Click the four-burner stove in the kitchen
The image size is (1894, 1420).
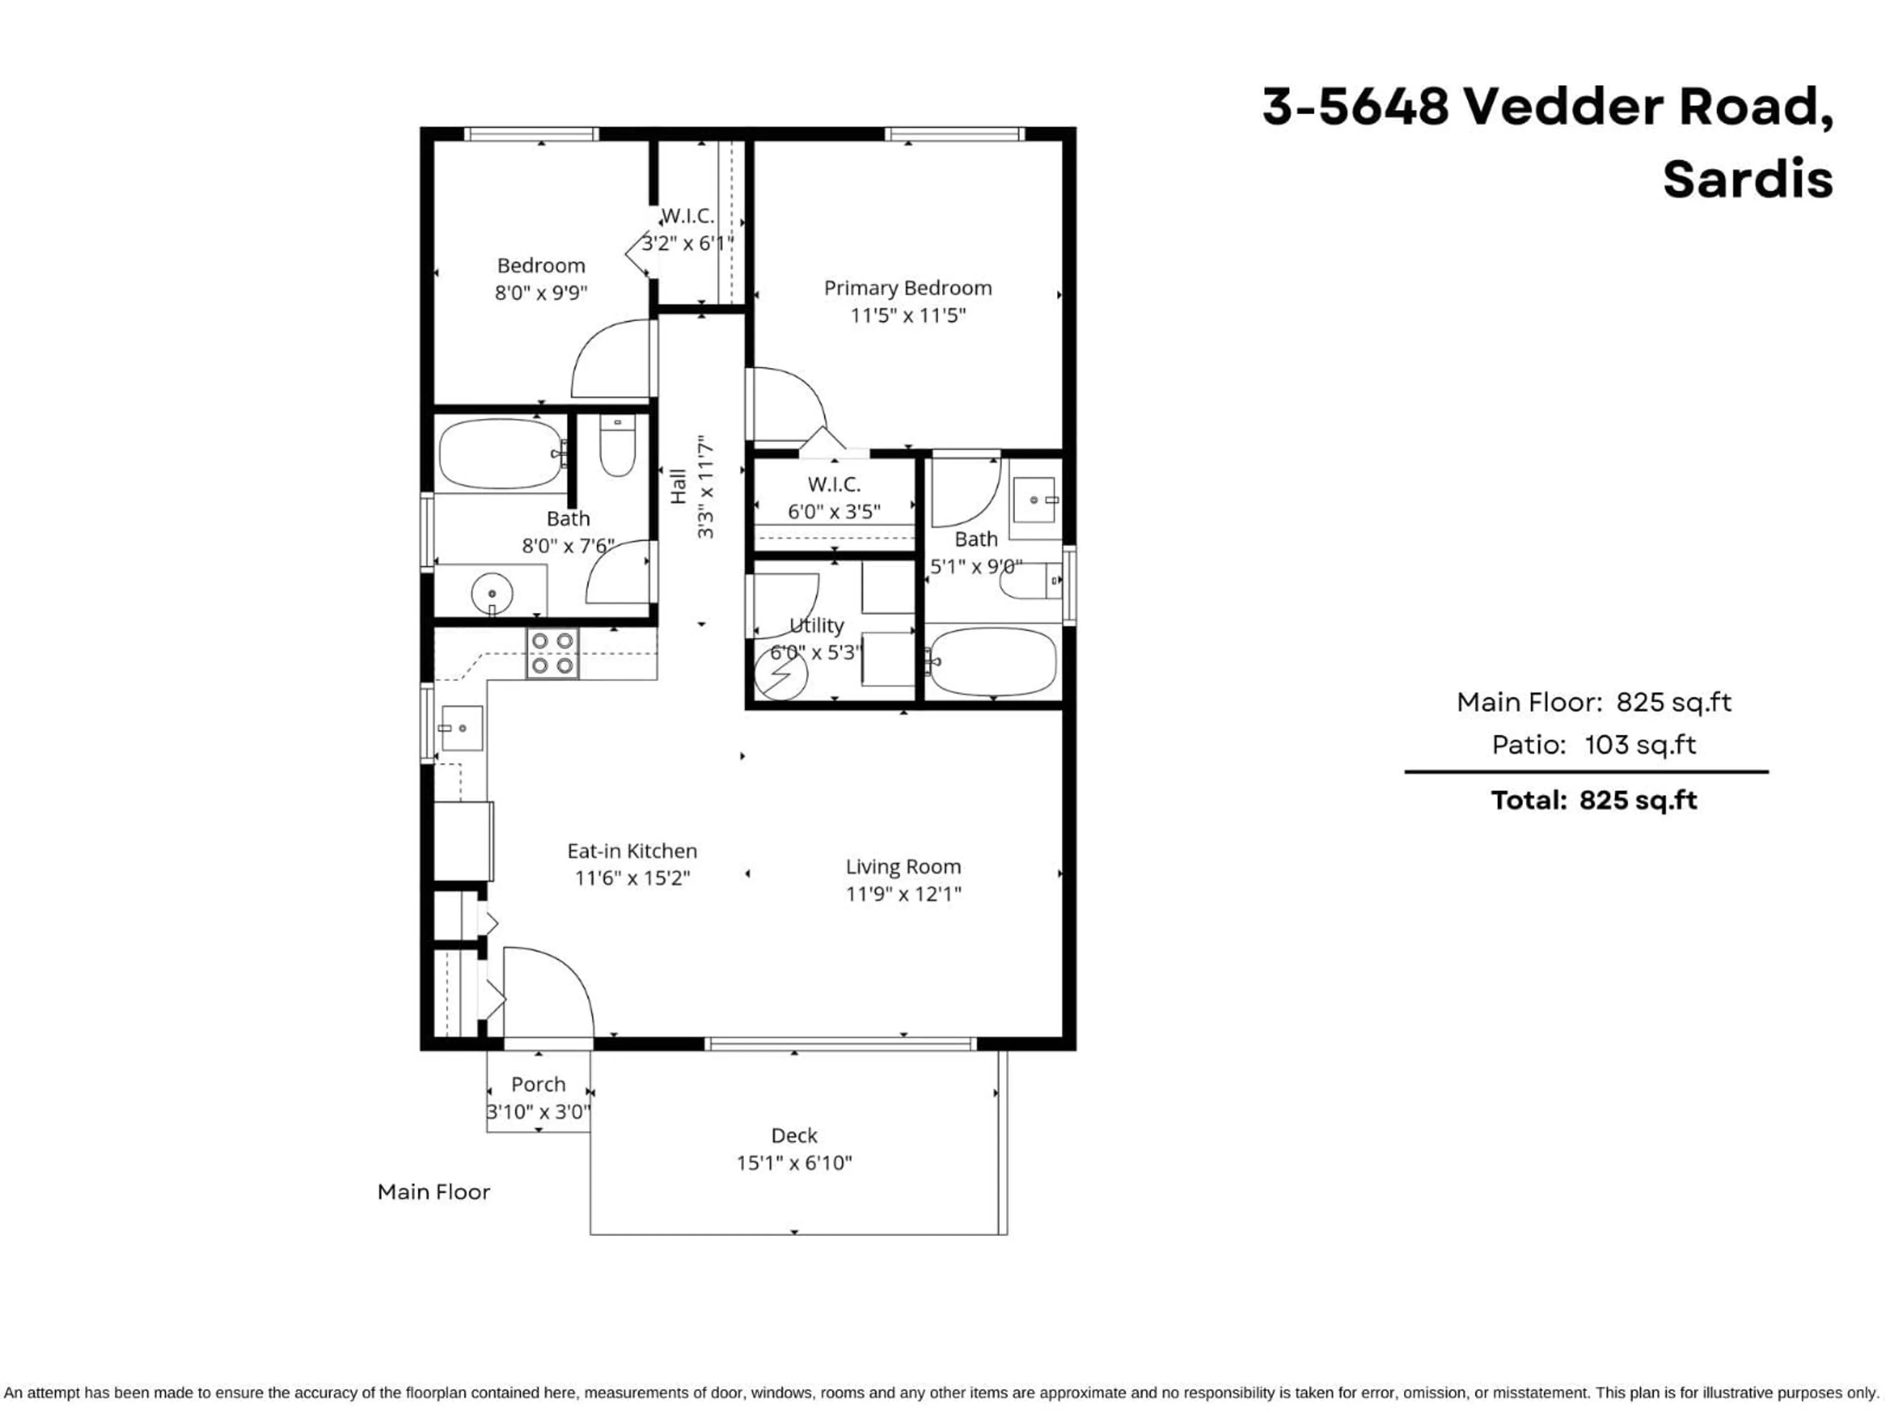[x=552, y=654]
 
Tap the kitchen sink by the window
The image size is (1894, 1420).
[x=462, y=728]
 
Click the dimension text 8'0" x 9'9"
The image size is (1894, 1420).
[x=541, y=293]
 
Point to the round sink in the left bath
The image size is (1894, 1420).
[x=492, y=593]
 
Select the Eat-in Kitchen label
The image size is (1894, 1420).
[x=632, y=851]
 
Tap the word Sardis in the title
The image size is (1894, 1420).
[x=1747, y=180]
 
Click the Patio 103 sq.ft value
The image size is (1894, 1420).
[x=1639, y=745]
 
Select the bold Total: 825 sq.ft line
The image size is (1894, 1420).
[x=1594, y=800]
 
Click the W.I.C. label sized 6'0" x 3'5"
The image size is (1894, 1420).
[x=834, y=485]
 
